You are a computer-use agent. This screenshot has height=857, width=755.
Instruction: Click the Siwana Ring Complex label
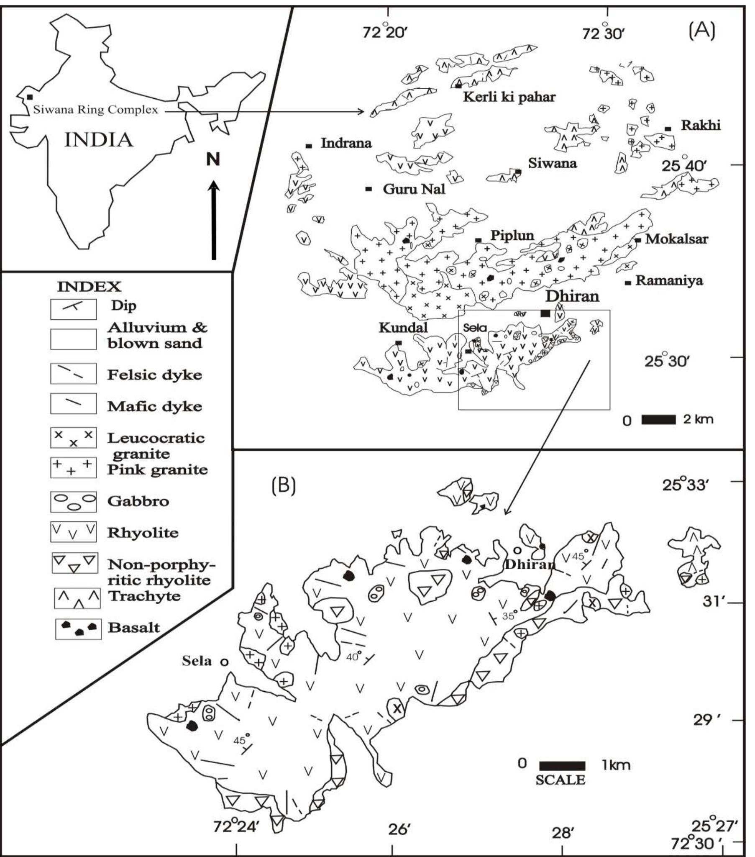click(x=96, y=110)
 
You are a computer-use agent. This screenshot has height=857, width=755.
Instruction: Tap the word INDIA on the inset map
click(x=99, y=140)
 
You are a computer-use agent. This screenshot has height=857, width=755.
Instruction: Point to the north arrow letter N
click(x=213, y=159)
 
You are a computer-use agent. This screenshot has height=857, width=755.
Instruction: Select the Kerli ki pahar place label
click(x=509, y=97)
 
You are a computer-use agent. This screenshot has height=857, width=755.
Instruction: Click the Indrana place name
click(x=346, y=144)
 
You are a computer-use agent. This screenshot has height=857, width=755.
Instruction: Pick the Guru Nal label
click(x=414, y=189)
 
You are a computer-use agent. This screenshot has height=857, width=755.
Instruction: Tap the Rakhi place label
click(x=701, y=125)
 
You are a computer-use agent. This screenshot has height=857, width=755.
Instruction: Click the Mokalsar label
click(x=676, y=239)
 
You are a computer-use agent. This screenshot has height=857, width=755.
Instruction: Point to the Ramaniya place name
click(x=669, y=280)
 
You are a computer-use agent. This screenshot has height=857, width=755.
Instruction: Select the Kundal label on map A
click(x=403, y=328)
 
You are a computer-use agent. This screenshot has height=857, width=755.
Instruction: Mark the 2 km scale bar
click(x=658, y=419)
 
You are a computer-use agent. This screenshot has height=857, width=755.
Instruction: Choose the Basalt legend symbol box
click(x=78, y=628)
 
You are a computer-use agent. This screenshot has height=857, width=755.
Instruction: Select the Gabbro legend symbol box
click(x=73, y=501)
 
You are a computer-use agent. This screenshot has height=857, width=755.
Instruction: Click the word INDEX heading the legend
click(x=89, y=287)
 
